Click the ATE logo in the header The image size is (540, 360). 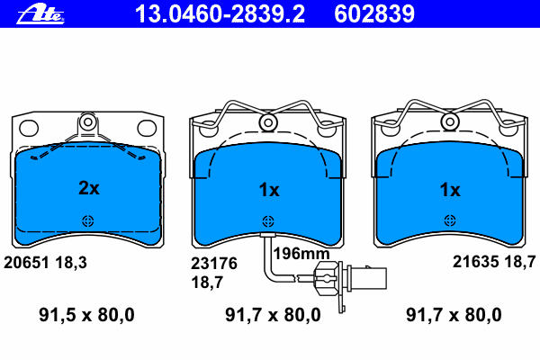[40, 14]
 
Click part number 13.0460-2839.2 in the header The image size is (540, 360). [220, 14]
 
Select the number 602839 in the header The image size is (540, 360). [374, 14]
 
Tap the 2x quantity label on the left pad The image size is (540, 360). [89, 188]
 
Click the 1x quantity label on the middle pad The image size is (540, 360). [269, 190]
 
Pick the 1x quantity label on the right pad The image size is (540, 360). [450, 190]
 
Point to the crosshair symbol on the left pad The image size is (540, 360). [88, 220]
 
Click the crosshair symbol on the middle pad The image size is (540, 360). [268, 221]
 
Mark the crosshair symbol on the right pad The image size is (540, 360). [450, 220]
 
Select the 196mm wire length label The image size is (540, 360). [301, 254]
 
